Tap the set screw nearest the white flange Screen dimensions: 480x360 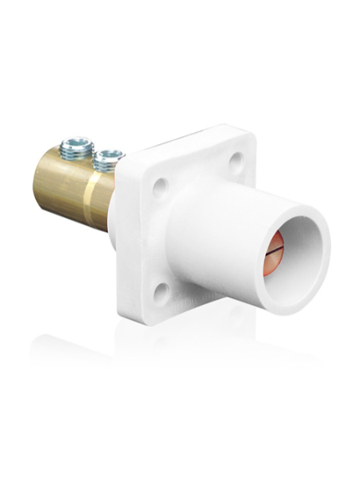click(x=107, y=158)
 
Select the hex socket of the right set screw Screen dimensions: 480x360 click(x=108, y=154)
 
